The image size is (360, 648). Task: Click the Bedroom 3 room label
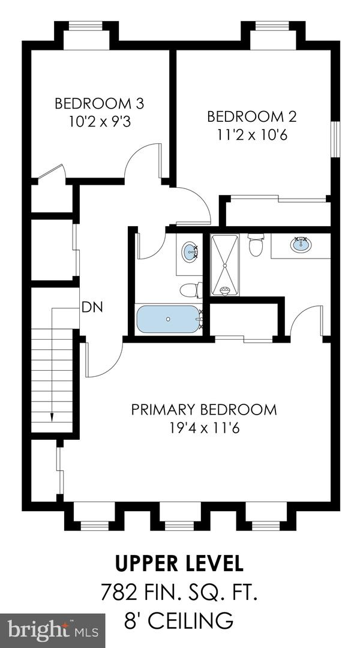99,103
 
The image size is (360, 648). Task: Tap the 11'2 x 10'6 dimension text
252,135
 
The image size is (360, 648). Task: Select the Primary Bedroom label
204,410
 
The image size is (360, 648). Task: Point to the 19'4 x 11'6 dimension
205,428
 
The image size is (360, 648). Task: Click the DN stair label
92,307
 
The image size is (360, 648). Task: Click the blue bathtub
168,319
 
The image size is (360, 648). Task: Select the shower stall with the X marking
224,265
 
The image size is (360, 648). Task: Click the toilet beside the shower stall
256,245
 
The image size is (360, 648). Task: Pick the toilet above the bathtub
191,290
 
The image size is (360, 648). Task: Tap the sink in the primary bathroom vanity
301,245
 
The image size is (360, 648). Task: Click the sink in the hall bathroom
190,251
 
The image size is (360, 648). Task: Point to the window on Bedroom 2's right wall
335,139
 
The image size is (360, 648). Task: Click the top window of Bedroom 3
86,26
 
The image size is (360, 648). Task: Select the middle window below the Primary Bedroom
179,526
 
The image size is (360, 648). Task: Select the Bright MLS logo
52,631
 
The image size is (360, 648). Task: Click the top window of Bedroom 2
272,26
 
